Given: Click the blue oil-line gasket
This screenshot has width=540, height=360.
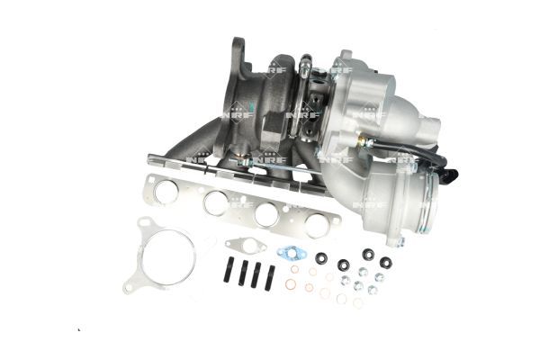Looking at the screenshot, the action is point(292,253).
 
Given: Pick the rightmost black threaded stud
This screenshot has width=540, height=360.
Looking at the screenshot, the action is point(269,278).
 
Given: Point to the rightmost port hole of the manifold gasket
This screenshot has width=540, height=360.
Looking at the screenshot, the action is point(317,225).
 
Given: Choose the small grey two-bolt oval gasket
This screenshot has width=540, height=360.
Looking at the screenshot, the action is point(246,246).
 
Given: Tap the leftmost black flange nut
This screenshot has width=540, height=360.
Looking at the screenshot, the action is point(321,257).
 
